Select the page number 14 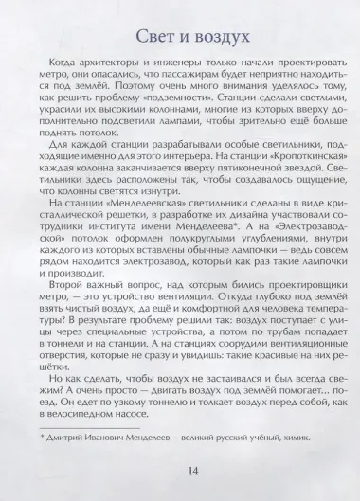pos(179,472)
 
